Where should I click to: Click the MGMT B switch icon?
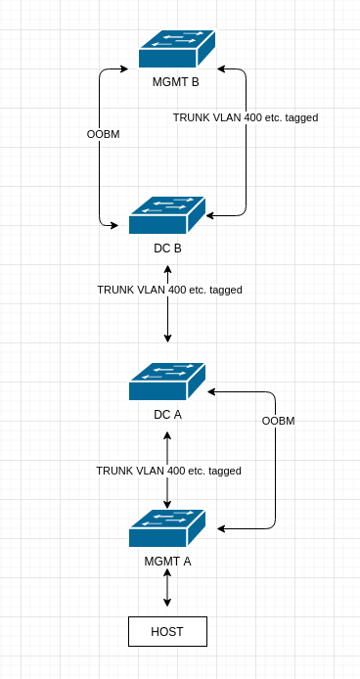177,49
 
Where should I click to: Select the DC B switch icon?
167,215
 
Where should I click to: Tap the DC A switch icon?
167,382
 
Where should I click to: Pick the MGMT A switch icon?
167,528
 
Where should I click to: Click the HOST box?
167,632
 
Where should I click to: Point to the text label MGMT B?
176,82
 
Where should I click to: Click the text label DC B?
167,249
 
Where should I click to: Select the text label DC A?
167,415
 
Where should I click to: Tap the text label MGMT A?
167,562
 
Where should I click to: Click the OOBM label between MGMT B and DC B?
104,134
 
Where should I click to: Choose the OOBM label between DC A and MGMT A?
279,421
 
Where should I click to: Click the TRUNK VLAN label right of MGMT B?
246,117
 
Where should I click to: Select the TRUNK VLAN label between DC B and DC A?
169,290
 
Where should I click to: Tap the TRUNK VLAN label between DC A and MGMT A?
168,471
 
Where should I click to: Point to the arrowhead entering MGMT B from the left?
124,68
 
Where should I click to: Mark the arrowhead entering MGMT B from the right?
222,68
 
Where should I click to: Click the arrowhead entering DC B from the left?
114,225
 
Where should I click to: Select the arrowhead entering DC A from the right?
212,391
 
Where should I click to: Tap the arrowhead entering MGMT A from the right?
222,528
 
